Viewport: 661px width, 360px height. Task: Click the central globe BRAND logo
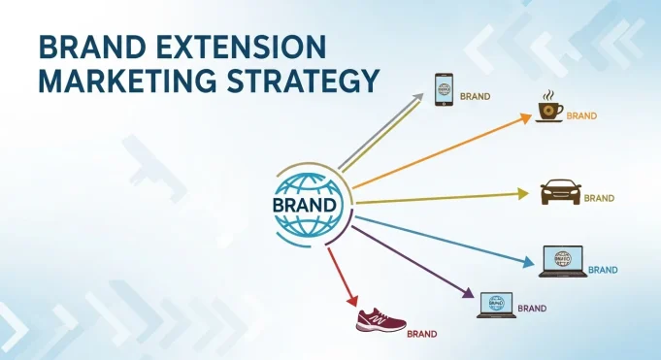click(x=307, y=205)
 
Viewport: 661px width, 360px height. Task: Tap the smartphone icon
click(x=444, y=90)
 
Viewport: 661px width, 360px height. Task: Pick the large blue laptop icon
click(x=562, y=260)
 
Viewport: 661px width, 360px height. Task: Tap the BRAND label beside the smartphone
click(x=475, y=97)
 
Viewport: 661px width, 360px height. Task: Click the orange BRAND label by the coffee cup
click(x=581, y=116)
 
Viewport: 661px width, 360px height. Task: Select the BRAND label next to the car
click(x=599, y=198)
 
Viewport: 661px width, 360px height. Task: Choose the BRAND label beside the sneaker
click(x=421, y=334)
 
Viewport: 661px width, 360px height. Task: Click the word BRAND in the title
click(x=87, y=49)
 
